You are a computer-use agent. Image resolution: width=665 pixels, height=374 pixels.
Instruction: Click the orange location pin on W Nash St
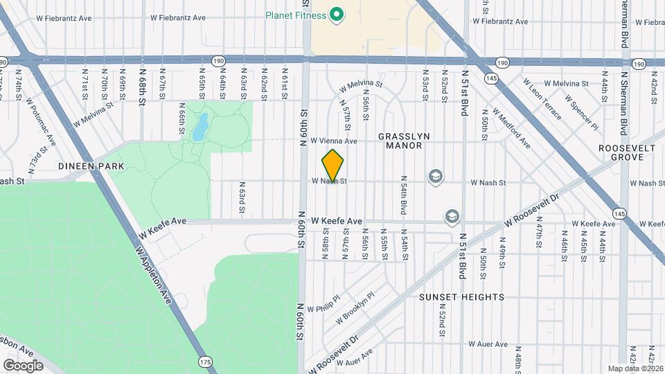pyautogui.click(x=333, y=165)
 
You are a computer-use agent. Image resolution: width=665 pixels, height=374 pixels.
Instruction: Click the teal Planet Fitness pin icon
pyautogui.click(x=337, y=14)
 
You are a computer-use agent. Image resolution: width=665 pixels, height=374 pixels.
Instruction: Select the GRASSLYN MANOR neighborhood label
pyautogui.click(x=400, y=141)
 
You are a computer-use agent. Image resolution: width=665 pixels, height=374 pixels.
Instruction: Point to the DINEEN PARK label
pyautogui.click(x=91, y=166)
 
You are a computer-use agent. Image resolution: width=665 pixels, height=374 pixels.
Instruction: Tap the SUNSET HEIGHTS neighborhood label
pyautogui.click(x=461, y=297)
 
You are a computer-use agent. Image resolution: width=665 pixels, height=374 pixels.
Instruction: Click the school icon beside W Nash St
pyautogui.click(x=435, y=177)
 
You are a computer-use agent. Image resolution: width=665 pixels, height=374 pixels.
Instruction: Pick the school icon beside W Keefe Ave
pyautogui.click(x=452, y=217)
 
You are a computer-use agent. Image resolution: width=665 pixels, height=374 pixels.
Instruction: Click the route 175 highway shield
pyautogui.click(x=204, y=362)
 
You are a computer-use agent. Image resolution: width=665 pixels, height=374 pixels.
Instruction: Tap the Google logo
pyautogui.click(x=23, y=365)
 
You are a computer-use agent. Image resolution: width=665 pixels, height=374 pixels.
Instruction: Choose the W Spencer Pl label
pyautogui.click(x=580, y=113)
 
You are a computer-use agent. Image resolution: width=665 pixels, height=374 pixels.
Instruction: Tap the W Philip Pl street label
pyautogui.click(x=323, y=305)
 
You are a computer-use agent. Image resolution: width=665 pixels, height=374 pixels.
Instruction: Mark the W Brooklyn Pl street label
pyautogui.click(x=355, y=308)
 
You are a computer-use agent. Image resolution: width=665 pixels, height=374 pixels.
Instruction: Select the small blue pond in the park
pyautogui.click(x=199, y=127)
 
